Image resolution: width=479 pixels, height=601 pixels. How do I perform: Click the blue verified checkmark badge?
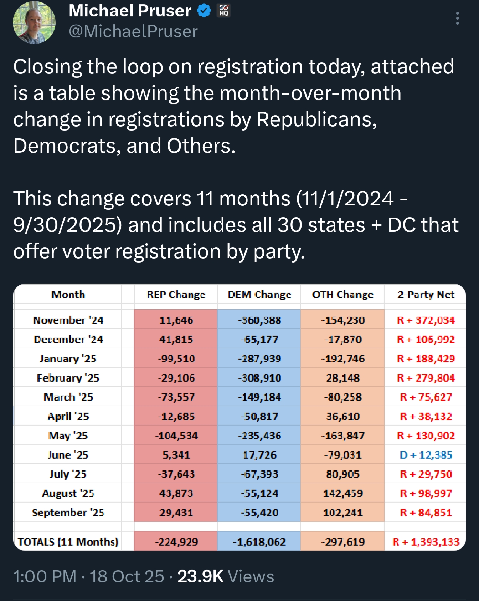point(204,11)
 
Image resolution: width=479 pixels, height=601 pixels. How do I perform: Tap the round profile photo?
point(34,22)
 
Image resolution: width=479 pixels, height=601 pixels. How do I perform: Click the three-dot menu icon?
point(457,18)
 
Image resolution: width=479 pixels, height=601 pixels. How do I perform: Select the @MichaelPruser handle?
point(133,31)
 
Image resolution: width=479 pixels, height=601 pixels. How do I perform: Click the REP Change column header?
point(176,295)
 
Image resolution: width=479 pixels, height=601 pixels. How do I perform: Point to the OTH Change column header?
point(342,295)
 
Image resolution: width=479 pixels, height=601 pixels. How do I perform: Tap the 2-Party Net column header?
point(426,295)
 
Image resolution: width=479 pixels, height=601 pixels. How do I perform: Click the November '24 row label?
point(68,320)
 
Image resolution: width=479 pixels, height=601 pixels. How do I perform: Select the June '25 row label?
point(68,455)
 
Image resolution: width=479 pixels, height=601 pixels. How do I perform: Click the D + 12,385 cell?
point(426,455)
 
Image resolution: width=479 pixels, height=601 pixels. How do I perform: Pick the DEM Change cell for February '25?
point(259,378)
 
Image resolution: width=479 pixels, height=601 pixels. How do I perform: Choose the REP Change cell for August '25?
point(176,494)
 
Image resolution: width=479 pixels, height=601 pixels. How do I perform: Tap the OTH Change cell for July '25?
point(342,474)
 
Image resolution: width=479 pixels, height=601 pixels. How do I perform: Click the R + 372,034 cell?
point(426,320)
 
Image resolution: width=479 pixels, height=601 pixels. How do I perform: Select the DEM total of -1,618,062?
point(259,542)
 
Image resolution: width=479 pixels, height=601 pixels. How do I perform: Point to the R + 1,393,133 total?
point(426,542)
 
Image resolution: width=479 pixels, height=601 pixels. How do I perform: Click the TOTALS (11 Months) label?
point(68,542)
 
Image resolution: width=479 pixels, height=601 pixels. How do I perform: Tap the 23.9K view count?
point(200,576)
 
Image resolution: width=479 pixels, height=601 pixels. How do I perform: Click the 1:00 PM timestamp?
point(45,576)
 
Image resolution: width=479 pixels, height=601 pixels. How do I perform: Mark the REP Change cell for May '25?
point(176,436)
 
